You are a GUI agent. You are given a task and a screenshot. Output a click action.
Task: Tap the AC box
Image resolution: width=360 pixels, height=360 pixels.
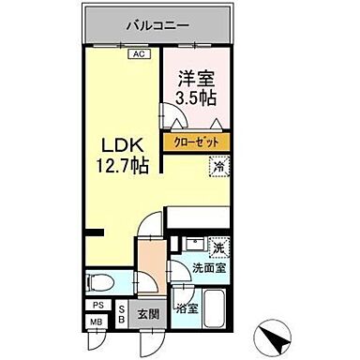click(x=138, y=54)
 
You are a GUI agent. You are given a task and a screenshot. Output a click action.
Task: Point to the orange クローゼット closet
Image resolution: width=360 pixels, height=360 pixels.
click(x=196, y=142)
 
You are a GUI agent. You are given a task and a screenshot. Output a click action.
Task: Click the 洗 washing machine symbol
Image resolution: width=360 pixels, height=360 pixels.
click(x=218, y=250)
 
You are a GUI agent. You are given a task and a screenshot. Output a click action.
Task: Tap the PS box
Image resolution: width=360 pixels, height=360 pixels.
click(x=97, y=306)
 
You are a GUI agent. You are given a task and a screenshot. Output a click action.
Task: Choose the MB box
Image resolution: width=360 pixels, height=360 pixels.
click(x=97, y=322)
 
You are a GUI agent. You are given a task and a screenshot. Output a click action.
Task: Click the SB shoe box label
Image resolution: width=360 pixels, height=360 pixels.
click(x=123, y=314)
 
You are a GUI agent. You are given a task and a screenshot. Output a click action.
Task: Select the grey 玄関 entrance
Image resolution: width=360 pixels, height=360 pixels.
click(x=150, y=314)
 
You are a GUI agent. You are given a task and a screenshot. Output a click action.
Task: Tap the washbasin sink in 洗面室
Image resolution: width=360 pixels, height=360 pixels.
click(x=190, y=247)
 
